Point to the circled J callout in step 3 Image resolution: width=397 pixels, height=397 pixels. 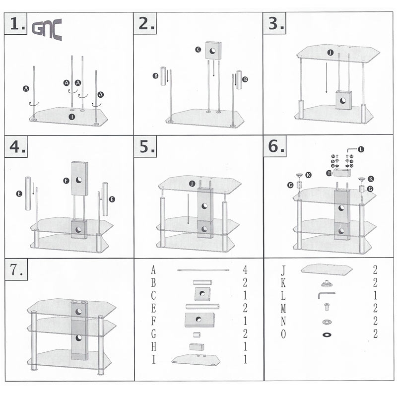click(x=329, y=52)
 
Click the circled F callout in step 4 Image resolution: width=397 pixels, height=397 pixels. click(x=66, y=182)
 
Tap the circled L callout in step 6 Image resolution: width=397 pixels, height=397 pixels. click(x=360, y=149)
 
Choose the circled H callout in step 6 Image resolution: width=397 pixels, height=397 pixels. click(x=329, y=173)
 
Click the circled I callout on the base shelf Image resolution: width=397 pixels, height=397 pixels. click(x=72, y=116)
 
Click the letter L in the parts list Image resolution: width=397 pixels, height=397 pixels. click(x=283, y=296)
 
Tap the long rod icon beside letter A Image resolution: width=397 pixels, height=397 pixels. click(x=202, y=270)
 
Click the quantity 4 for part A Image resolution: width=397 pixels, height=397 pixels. click(x=245, y=270)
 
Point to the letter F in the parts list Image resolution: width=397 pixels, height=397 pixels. click(x=154, y=321)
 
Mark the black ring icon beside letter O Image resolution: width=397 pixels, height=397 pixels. click(x=327, y=334)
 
